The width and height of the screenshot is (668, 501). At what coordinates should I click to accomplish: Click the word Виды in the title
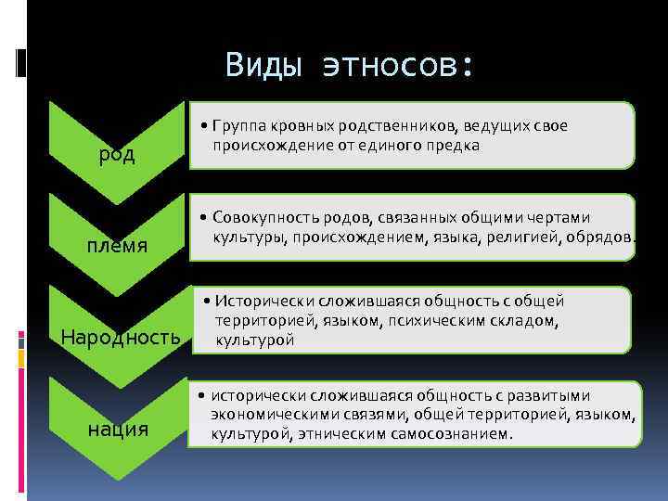coord(263,65)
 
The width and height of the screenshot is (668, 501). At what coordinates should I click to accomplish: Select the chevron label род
coord(118,154)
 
